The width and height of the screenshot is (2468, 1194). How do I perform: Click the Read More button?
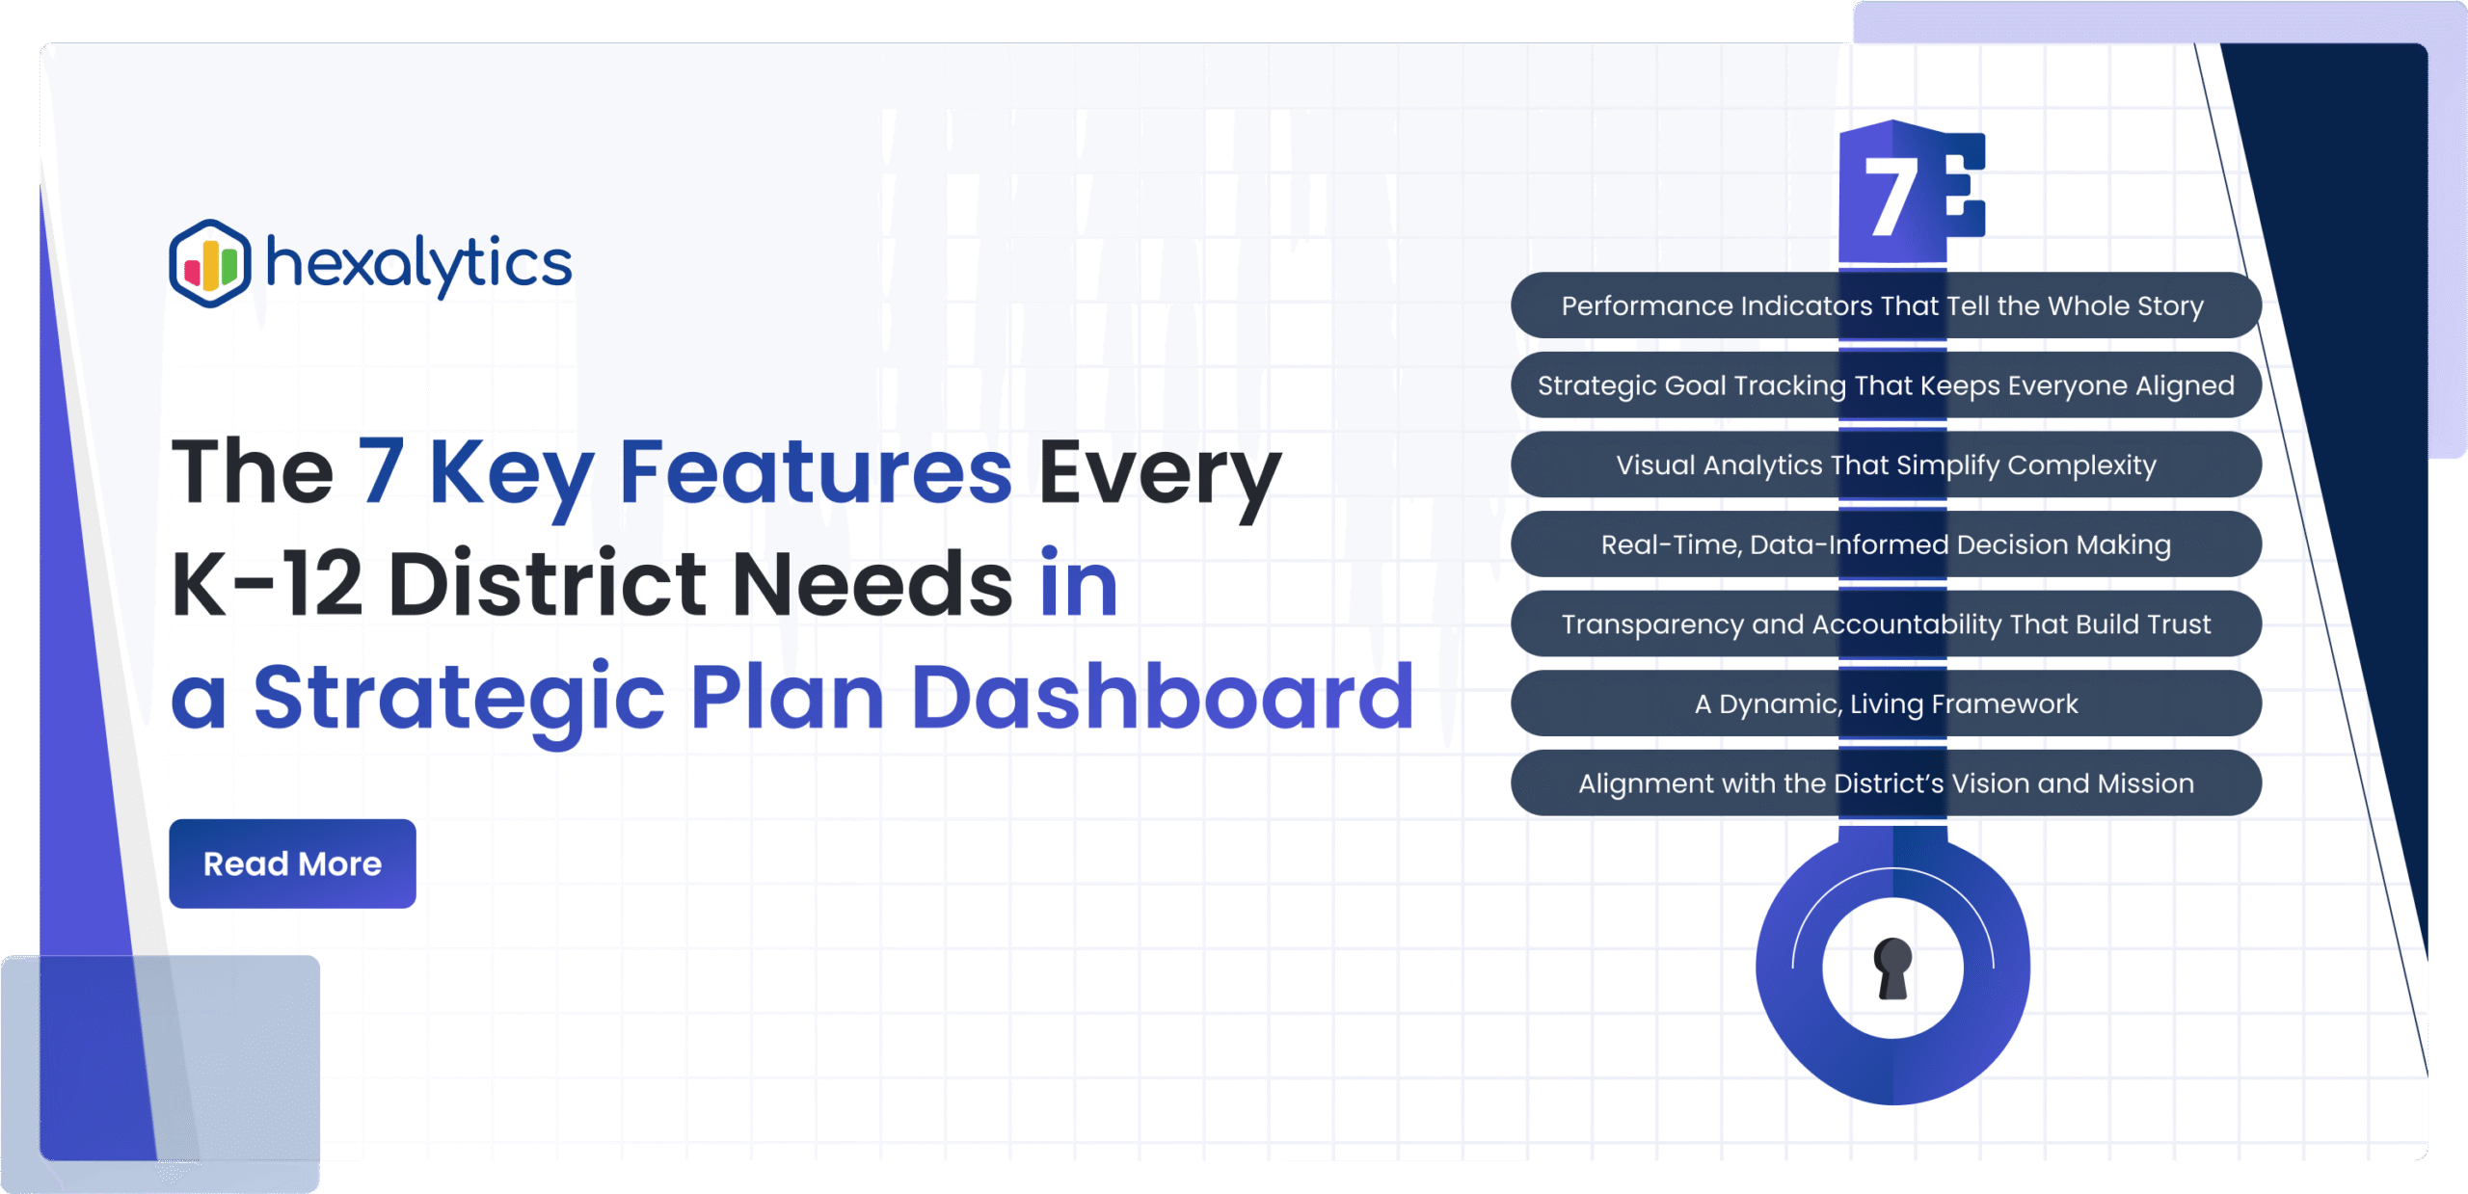[x=292, y=863]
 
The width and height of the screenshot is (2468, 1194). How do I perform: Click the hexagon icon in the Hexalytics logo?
[x=210, y=263]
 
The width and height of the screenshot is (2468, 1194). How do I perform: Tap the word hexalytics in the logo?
[x=418, y=264]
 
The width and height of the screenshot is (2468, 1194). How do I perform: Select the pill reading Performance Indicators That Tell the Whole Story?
[x=1886, y=305]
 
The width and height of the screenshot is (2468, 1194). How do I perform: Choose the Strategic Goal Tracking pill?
[x=1886, y=385]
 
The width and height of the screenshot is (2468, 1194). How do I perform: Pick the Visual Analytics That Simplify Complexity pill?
[x=1886, y=465]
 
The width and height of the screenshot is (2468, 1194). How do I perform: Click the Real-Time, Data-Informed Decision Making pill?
[x=1886, y=544]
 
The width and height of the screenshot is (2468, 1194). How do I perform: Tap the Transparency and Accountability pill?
[x=1886, y=624]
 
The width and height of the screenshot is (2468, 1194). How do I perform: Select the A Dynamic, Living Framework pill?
[x=1886, y=704]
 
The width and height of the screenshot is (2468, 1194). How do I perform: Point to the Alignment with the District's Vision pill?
[x=1886, y=783]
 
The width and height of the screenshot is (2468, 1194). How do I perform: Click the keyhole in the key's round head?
[x=1892, y=968]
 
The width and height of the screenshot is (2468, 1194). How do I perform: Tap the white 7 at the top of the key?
[x=1891, y=196]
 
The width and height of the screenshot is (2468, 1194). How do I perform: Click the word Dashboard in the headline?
[x=1162, y=696]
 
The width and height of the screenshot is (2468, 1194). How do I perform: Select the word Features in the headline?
[x=816, y=471]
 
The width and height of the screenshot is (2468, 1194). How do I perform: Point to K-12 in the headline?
[x=267, y=583]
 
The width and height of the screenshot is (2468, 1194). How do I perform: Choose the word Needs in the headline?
[x=872, y=583]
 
